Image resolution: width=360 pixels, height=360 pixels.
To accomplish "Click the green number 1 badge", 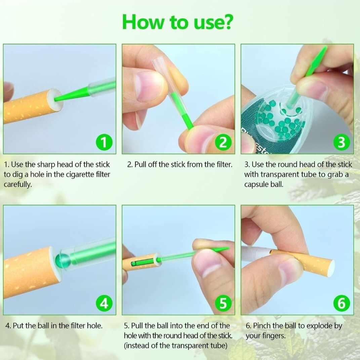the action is coord(104,142).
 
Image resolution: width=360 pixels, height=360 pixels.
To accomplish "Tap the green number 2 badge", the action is coord(223,142).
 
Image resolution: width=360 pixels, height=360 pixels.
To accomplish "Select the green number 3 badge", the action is coord(342,142).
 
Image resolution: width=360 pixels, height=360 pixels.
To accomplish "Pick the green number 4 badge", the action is coord(104,303).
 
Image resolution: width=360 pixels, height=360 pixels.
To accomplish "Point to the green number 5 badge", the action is coord(223,303).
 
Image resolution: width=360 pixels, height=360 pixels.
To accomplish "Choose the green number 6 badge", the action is coord(342,303).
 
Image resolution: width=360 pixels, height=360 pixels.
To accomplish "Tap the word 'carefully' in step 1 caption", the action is coord(18,184).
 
